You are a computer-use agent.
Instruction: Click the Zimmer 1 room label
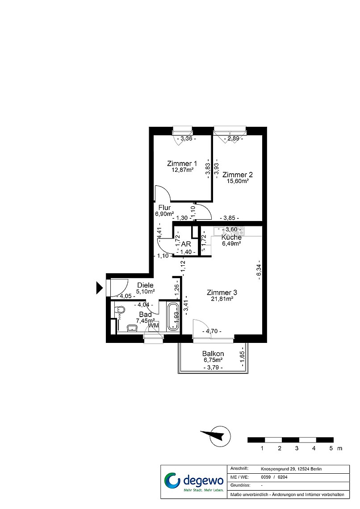coord(182,163)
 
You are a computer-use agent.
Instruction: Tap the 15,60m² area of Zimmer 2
coord(238,181)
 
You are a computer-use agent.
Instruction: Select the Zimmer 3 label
coord(222,293)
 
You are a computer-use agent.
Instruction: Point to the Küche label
coord(231,237)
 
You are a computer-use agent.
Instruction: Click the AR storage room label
coord(186,244)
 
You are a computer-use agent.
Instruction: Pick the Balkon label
coord(213,354)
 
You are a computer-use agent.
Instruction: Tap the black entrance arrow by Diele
coord(99,288)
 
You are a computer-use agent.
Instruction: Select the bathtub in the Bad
coord(173,317)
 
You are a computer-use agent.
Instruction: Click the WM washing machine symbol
coord(154,325)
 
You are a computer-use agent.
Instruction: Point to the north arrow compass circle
coord(220,436)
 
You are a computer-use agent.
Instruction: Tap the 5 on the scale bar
coord(331,448)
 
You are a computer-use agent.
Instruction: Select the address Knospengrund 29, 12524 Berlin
coord(291,469)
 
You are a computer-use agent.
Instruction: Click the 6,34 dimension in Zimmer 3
coord(259,269)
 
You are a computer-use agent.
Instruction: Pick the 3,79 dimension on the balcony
coord(213,367)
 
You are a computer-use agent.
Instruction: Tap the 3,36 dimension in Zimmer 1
coord(186,138)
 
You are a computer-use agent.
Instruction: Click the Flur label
coord(164,208)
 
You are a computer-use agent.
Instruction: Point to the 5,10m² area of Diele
coord(145,291)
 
